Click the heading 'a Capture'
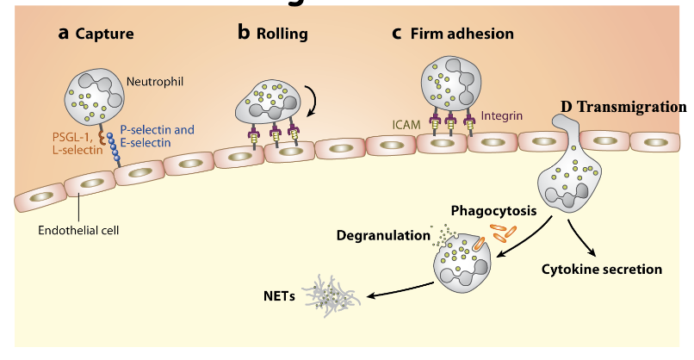click(x=96, y=34)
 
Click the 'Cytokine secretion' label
click(x=602, y=270)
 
